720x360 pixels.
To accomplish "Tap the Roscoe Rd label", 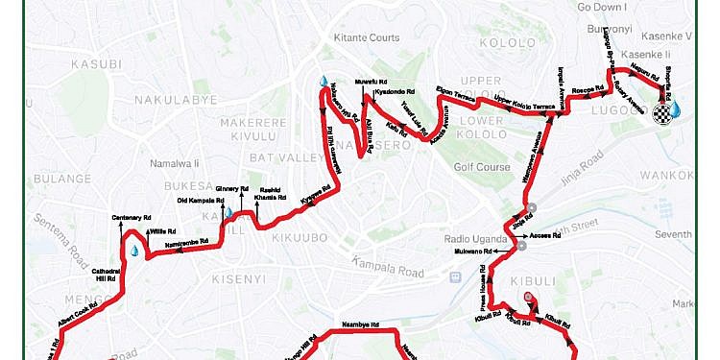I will click(586, 87).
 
